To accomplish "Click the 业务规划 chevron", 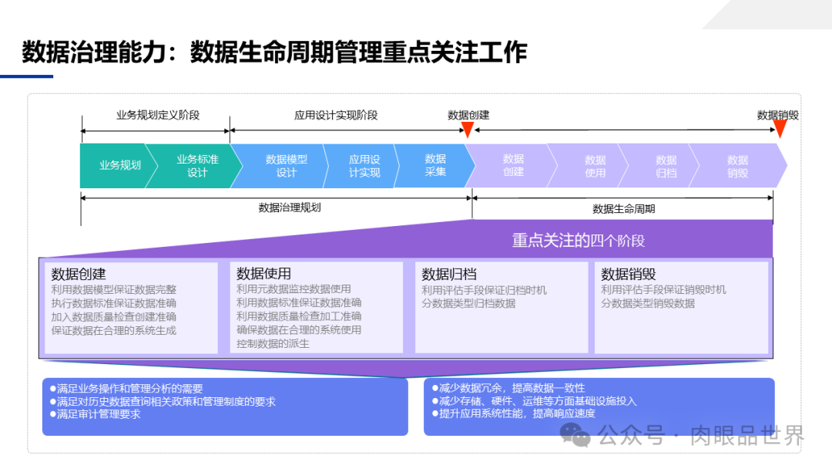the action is pyautogui.click(x=119, y=165).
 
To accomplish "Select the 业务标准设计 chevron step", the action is pyautogui.click(x=197, y=166).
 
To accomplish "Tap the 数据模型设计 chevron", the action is pyautogui.click(x=286, y=166).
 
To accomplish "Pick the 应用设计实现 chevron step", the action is pyautogui.click(x=364, y=166).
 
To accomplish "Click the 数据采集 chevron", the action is pyautogui.click(x=435, y=165).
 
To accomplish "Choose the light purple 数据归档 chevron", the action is pyautogui.click(x=666, y=166).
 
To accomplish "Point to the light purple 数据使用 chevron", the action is pyautogui.click(x=595, y=166).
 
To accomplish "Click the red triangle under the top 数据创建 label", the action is pyautogui.click(x=467, y=130).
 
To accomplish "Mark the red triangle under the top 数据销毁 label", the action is pyautogui.click(x=780, y=130).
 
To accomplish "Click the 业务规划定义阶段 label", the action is pyautogui.click(x=158, y=115).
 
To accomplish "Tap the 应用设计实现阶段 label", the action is pyautogui.click(x=336, y=115).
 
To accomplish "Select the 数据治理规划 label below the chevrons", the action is pyautogui.click(x=290, y=208).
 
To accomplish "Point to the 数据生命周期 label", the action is pyautogui.click(x=624, y=208).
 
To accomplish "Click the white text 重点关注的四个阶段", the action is pyautogui.click(x=578, y=241).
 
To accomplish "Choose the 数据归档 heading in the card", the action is pyautogui.click(x=449, y=274).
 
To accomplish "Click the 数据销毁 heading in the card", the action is pyautogui.click(x=629, y=274).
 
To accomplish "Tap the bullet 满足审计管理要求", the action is pyautogui.click(x=98, y=414).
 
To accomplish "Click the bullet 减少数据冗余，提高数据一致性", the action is pyautogui.click(x=512, y=388).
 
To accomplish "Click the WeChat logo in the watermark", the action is pyautogui.click(x=575, y=435).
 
